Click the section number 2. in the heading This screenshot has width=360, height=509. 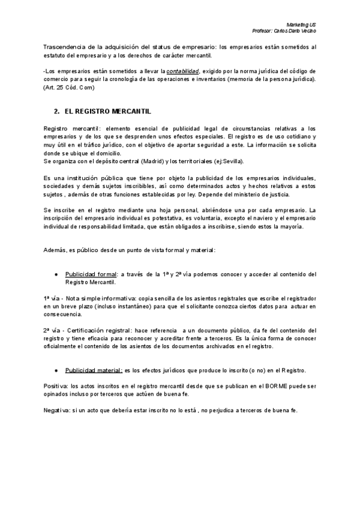coord(57,112)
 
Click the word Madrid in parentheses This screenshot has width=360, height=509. coord(154,161)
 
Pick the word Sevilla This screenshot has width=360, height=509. coord(229,161)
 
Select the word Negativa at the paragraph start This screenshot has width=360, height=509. coord(56,410)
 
